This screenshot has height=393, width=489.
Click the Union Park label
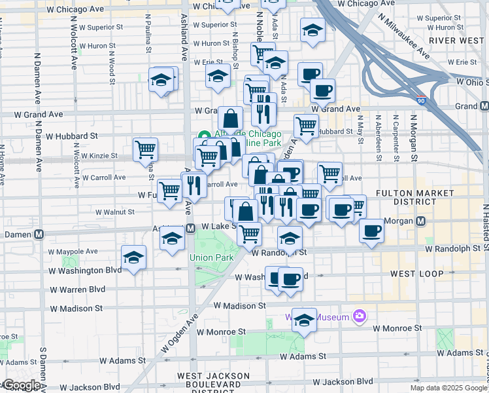[212, 257]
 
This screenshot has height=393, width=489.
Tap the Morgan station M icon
[422, 221]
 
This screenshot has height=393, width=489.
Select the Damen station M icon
[39, 234]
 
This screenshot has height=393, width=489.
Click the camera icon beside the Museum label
[358, 317]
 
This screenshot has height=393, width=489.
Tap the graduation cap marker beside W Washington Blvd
[133, 257]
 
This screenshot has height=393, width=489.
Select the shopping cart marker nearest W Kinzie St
[145, 149]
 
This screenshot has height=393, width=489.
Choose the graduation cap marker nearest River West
[312, 30]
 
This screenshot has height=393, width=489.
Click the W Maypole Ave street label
[73, 251]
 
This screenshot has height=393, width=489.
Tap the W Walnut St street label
[114, 212]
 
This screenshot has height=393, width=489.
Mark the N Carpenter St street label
[395, 138]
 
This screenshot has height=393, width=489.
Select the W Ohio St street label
[472, 82]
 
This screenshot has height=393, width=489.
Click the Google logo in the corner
[21, 385]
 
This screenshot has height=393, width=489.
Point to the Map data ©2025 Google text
[448, 388]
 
